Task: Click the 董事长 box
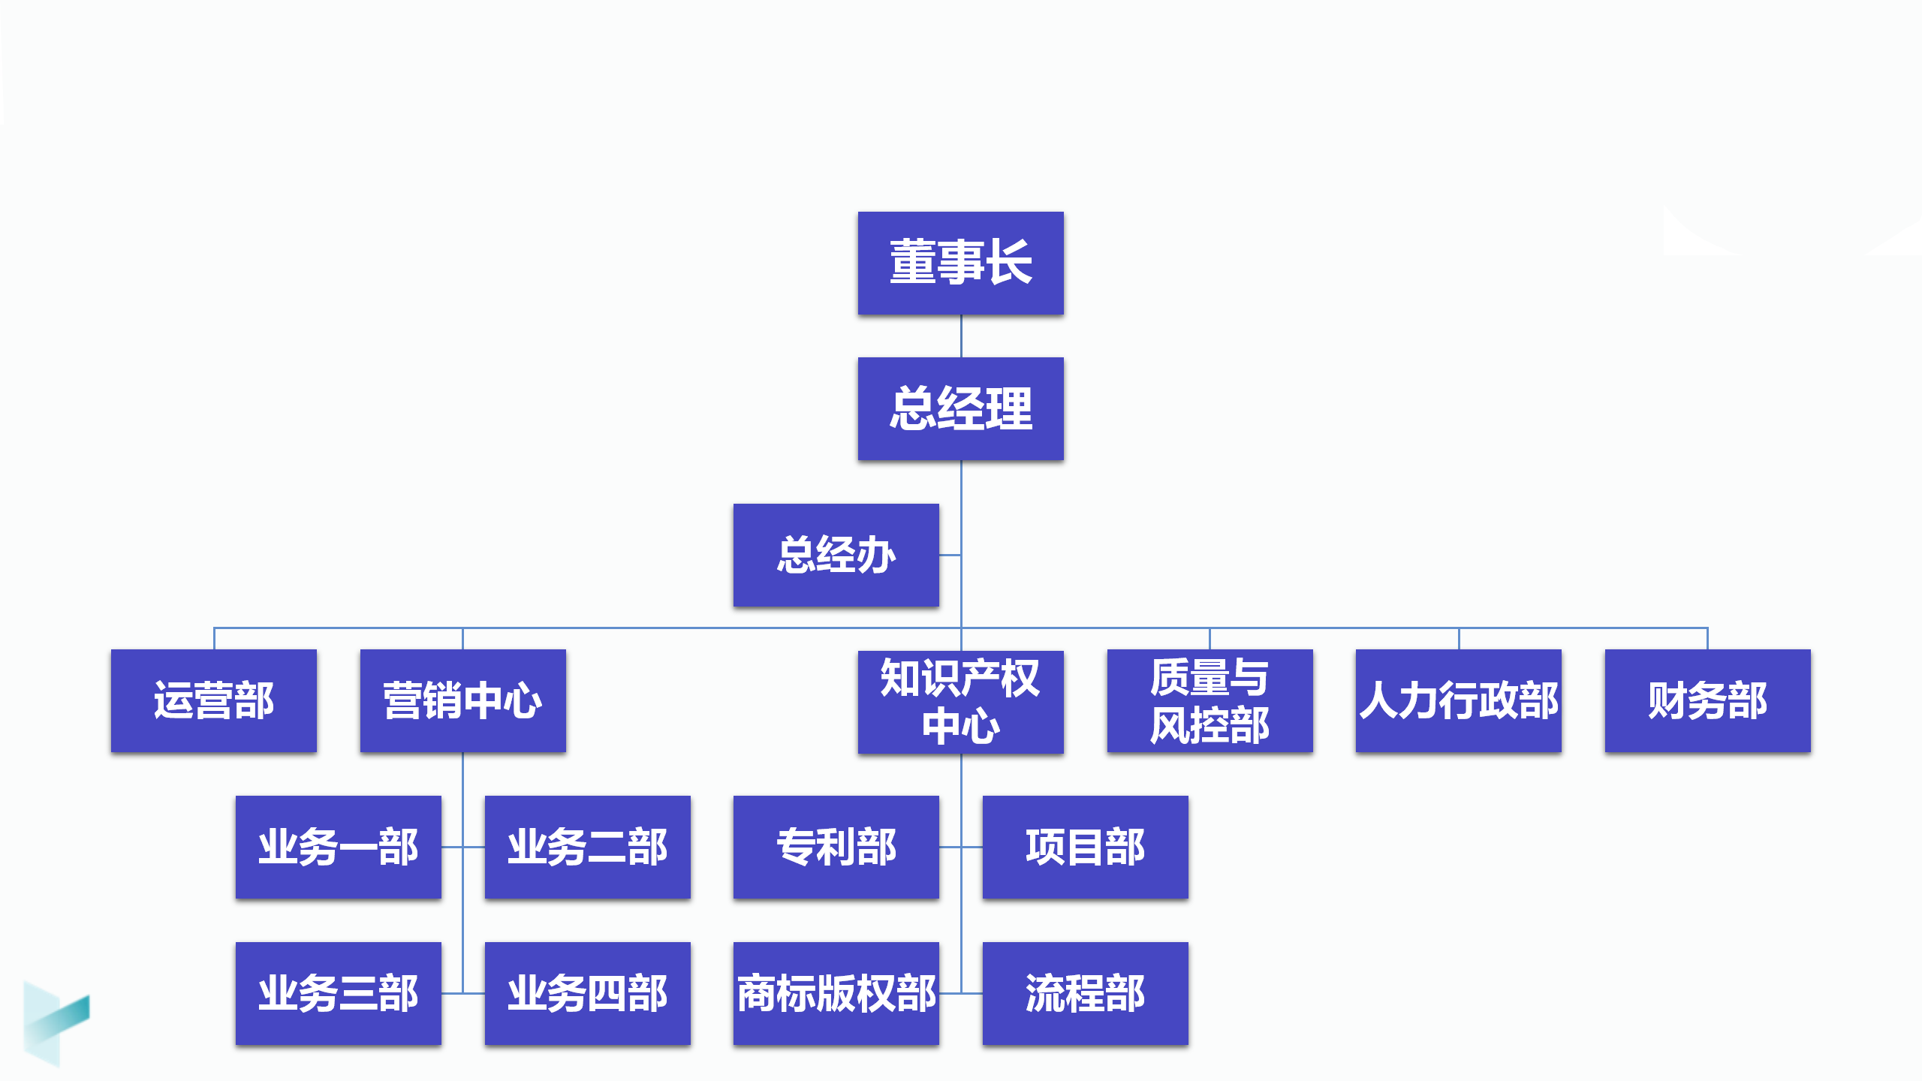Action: pyautogui.click(x=960, y=263)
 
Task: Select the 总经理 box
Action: pyautogui.click(x=960, y=408)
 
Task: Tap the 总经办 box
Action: pyautogui.click(x=836, y=555)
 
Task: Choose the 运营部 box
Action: pyautogui.click(x=214, y=700)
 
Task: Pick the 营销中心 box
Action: pyautogui.click(x=462, y=700)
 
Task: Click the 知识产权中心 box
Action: pyautogui.click(x=960, y=702)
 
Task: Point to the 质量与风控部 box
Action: pyautogui.click(x=1210, y=700)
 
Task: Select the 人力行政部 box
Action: pyautogui.click(x=1458, y=700)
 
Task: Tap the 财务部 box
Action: pyautogui.click(x=1707, y=700)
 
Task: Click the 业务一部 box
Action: pyautogui.click(x=338, y=847)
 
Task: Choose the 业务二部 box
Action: pyautogui.click(x=587, y=847)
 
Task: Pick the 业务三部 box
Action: pyautogui.click(x=338, y=993)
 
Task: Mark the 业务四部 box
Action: pyautogui.click(x=587, y=993)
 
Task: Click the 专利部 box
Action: pyautogui.click(x=836, y=847)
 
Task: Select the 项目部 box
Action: pyautogui.click(x=1085, y=847)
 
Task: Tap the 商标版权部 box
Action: pyautogui.click(x=836, y=993)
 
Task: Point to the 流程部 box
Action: pyautogui.click(x=1085, y=993)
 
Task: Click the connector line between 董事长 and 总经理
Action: pyautogui.click(x=961, y=336)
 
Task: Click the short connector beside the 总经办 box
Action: pyautogui.click(x=950, y=556)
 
